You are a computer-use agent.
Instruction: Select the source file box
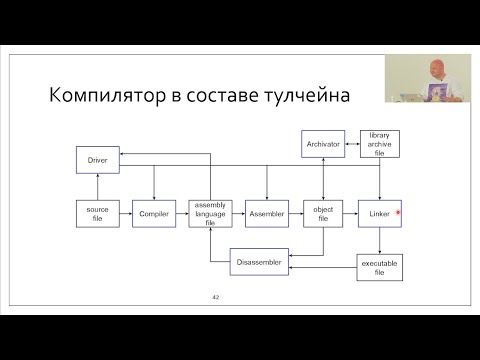pos(97,213)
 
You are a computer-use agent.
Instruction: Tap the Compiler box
pos(154,213)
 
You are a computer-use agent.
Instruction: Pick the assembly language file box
pos(210,213)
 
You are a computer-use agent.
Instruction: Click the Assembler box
pos(266,213)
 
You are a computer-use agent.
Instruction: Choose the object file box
pos(322,213)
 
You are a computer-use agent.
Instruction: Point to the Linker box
pos(378,213)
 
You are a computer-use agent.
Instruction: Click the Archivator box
pos(322,144)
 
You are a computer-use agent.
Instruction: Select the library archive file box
pos(379,144)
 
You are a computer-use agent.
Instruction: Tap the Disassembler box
pos(259,261)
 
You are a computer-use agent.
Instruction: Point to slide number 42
pos(215,297)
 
